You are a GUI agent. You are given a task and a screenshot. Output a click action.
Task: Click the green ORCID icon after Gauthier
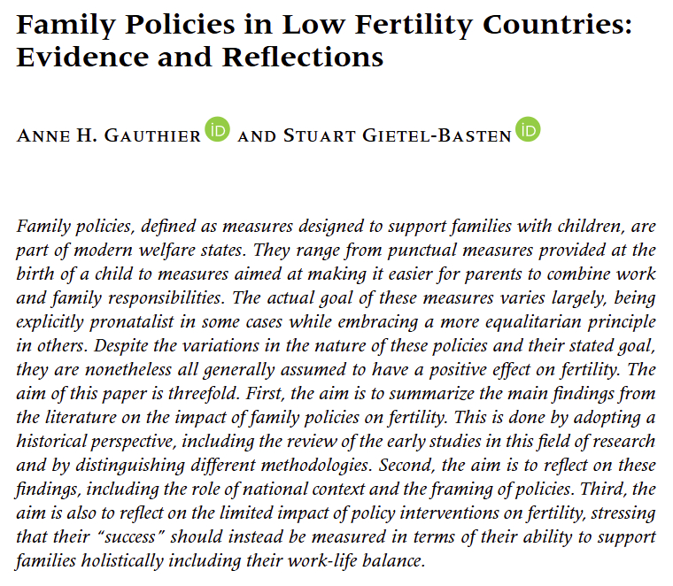[x=218, y=130]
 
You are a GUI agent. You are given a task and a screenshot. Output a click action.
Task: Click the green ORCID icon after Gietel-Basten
[x=528, y=130]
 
